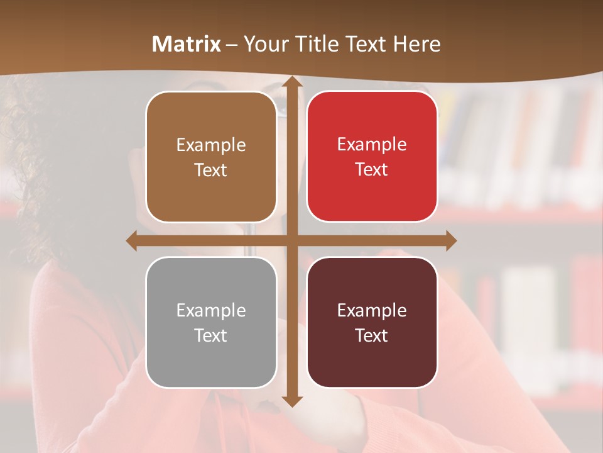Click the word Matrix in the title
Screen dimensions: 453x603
point(187,44)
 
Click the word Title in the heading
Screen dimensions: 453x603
point(317,44)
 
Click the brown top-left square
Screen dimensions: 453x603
point(211,157)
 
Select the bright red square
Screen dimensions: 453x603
point(372,157)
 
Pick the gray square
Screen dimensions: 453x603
point(211,322)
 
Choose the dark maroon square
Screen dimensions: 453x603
point(372,322)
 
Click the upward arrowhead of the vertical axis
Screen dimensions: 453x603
point(291,82)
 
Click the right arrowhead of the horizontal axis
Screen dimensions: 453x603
point(450,240)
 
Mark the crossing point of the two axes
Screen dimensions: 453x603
point(291,240)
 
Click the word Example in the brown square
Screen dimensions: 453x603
point(211,145)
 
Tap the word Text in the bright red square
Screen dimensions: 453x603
point(372,170)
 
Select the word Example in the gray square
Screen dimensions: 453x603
point(211,311)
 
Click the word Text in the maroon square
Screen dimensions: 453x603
point(372,335)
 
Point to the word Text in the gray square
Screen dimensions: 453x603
point(211,335)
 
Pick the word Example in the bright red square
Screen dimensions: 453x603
point(372,145)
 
